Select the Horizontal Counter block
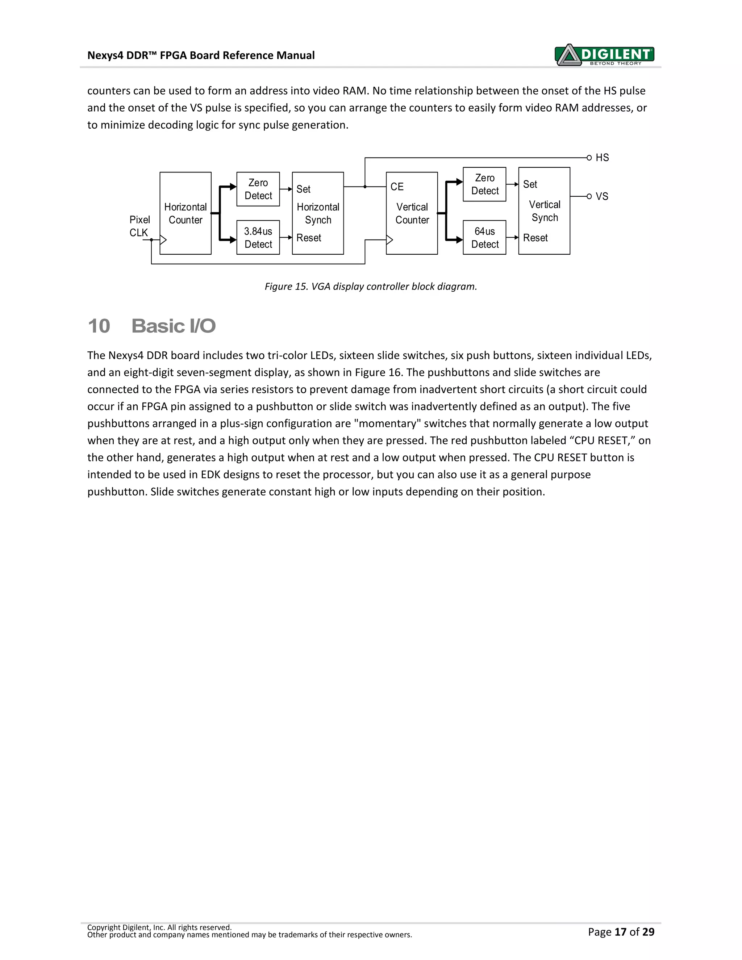click(x=185, y=213)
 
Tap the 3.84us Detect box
click(x=258, y=237)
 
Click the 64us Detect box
click(x=484, y=237)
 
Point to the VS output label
click(x=602, y=196)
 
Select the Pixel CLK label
click(x=139, y=226)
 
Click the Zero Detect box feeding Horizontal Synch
click(x=258, y=189)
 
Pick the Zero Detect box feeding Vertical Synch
click(x=484, y=184)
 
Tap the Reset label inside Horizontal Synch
click(x=309, y=238)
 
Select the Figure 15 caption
click(x=371, y=287)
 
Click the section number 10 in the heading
click(x=99, y=326)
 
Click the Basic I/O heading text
click(x=174, y=326)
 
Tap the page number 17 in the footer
click(x=620, y=931)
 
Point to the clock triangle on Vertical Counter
click(x=389, y=240)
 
